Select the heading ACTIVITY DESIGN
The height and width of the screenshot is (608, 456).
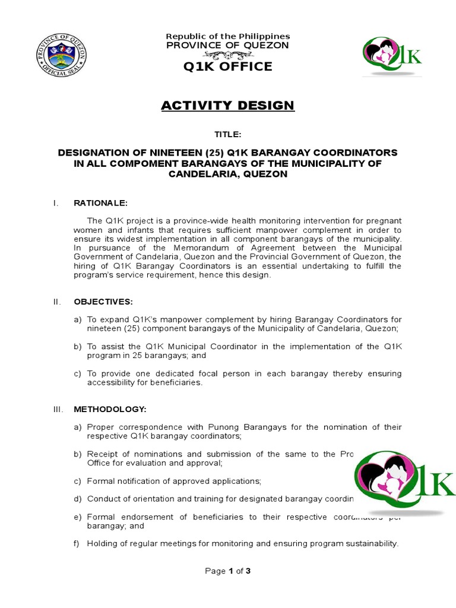[x=227, y=106]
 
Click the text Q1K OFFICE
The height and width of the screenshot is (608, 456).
[x=227, y=66]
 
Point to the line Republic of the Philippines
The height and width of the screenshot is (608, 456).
[x=227, y=36]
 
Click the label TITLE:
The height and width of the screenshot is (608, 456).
[x=227, y=135]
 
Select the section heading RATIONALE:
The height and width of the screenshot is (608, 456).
[x=100, y=204]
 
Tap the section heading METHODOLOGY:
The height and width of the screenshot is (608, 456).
[x=110, y=410]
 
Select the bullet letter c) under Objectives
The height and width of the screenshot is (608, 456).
[x=78, y=373]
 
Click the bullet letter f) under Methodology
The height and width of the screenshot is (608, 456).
[x=77, y=543]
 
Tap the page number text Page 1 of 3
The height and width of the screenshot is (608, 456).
[x=228, y=571]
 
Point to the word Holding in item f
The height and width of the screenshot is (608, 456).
[x=102, y=543]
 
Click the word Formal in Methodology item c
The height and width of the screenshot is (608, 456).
[x=101, y=482]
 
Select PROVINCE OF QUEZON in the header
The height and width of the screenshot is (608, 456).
[x=227, y=46]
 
